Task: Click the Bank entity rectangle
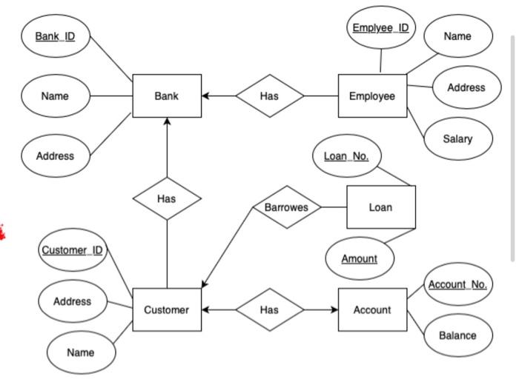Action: [x=167, y=96]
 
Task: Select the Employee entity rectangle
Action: [x=372, y=96]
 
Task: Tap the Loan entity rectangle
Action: [x=381, y=207]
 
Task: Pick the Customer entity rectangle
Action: [x=167, y=309]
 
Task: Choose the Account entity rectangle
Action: [x=372, y=309]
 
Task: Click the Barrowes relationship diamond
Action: [x=286, y=207]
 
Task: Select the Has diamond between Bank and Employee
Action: [x=270, y=96]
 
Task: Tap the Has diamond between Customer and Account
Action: [x=270, y=309]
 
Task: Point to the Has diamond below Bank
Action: [x=167, y=198]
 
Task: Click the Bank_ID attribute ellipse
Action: [x=56, y=36]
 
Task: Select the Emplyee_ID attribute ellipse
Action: [x=380, y=28]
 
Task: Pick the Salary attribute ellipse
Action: [x=457, y=139]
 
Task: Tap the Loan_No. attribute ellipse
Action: [x=346, y=156]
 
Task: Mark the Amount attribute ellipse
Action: [x=360, y=259]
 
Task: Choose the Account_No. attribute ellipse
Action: [x=457, y=284]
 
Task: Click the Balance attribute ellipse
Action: [x=457, y=335]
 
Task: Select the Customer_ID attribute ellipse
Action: [x=72, y=250]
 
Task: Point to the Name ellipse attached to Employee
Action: [x=457, y=36]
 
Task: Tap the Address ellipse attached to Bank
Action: [x=56, y=156]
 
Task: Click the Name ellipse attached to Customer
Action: [x=81, y=352]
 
